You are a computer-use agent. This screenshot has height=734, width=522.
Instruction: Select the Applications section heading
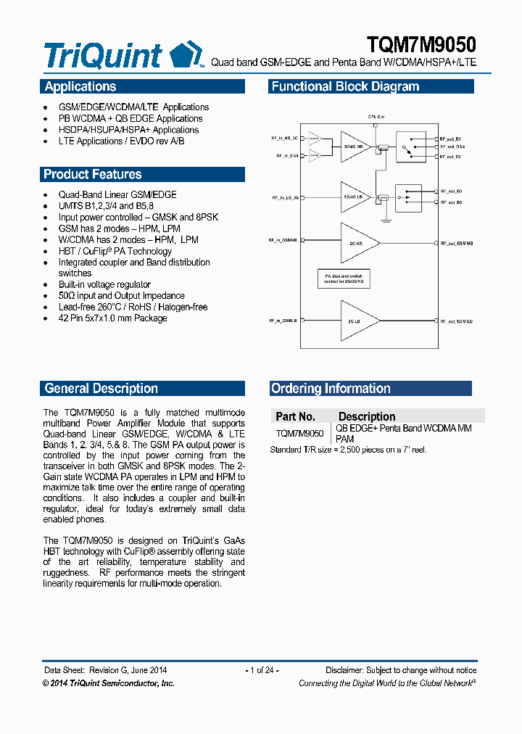(80, 87)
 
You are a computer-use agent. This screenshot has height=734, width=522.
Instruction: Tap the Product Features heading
(93, 174)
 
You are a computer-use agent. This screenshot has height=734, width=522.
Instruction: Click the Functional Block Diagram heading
(345, 87)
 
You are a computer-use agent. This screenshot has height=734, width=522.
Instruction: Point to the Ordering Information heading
(331, 389)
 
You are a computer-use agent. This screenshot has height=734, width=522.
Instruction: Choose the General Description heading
(101, 389)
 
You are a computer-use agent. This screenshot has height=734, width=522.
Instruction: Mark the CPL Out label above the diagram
(376, 115)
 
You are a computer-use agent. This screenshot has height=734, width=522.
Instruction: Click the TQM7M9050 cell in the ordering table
(300, 433)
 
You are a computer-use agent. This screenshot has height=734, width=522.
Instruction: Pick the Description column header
(367, 416)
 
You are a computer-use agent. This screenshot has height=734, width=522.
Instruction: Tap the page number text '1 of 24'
(262, 670)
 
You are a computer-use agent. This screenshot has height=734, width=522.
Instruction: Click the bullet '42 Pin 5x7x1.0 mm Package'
(112, 318)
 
